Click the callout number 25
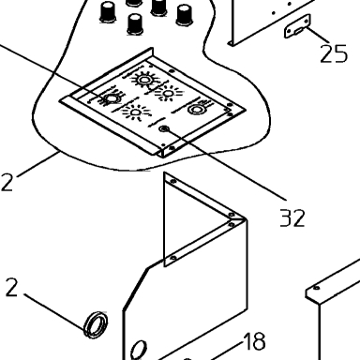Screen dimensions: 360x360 [334, 53]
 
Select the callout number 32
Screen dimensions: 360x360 [292, 217]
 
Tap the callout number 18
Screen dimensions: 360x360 [254, 341]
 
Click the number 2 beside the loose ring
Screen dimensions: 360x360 [11, 288]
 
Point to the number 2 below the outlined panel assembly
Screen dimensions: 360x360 [7, 182]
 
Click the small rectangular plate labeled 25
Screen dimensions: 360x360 [297, 26]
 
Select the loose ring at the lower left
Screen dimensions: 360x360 [96, 324]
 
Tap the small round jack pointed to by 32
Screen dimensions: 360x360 [164, 128]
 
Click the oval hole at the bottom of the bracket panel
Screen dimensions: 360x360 [139, 350]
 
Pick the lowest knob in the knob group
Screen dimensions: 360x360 [135, 24]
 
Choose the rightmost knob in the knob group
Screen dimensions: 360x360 [185, 15]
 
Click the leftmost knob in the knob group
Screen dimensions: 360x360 [108, 12]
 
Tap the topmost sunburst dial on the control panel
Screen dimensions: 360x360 [144, 80]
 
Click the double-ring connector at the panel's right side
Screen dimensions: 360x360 [196, 110]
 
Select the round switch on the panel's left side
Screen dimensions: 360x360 [112, 98]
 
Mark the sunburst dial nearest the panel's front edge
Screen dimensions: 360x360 [136, 112]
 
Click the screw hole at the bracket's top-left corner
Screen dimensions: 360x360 [173, 181]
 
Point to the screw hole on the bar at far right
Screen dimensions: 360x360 [317, 288]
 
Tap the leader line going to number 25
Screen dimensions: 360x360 [318, 35]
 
